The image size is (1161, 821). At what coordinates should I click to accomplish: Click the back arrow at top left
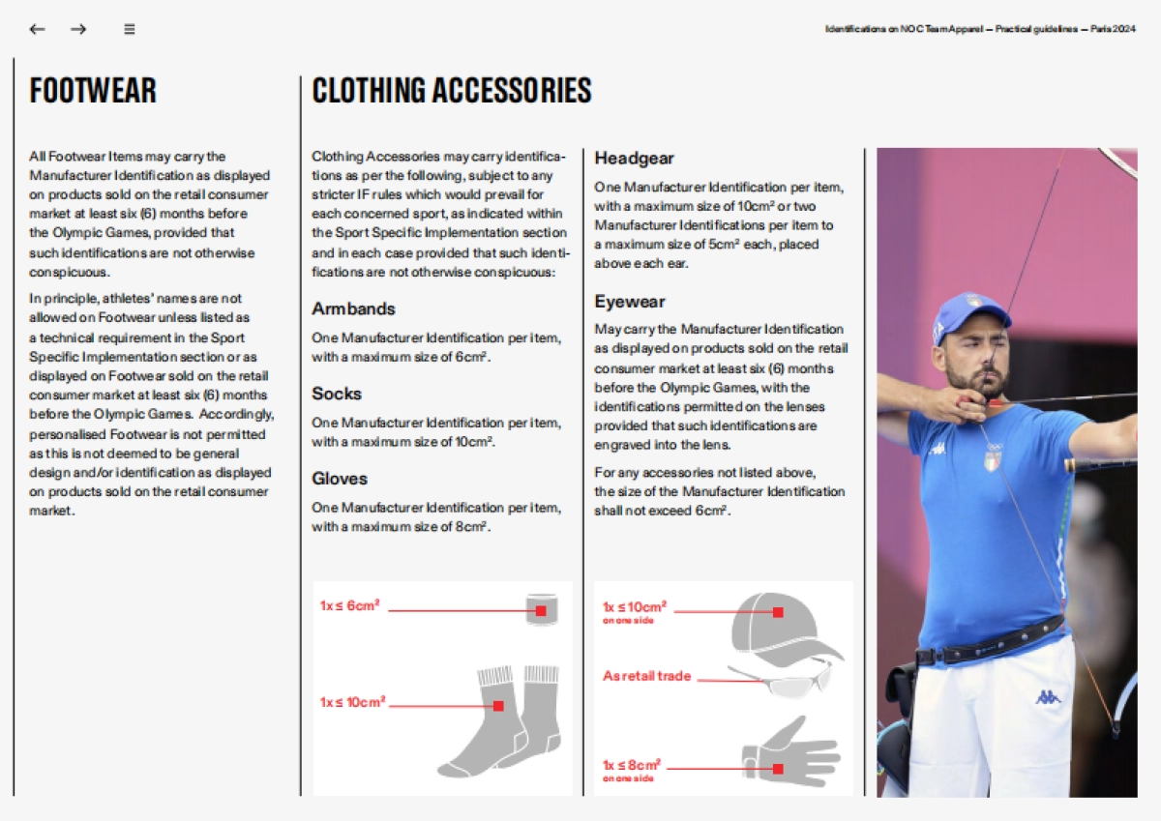(x=37, y=29)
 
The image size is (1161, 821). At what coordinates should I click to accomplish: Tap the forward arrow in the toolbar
(x=78, y=29)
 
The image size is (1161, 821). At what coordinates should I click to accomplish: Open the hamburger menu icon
(x=129, y=29)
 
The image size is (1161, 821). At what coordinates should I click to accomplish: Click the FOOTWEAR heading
(x=93, y=91)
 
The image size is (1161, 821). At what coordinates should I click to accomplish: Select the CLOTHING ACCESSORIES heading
(x=451, y=91)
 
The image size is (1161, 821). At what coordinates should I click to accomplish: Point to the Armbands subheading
(x=353, y=308)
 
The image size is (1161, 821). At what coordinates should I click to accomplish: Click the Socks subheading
(x=337, y=394)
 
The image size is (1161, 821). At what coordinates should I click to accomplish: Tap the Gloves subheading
(x=340, y=479)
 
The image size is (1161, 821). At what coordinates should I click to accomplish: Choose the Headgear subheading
(x=634, y=158)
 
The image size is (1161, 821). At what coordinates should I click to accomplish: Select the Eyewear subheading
(x=630, y=302)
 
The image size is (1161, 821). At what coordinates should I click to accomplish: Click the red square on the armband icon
(x=541, y=611)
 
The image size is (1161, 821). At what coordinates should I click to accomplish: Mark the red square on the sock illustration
(x=498, y=706)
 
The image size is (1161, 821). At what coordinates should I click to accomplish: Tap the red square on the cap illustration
(x=778, y=612)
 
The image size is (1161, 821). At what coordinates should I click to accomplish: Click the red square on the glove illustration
(x=778, y=769)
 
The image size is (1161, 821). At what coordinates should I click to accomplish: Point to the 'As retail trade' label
(x=646, y=676)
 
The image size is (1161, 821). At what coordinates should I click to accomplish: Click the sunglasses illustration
(x=782, y=679)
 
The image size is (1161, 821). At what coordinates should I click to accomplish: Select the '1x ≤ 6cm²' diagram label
(x=350, y=605)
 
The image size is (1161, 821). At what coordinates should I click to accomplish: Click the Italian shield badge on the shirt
(x=993, y=459)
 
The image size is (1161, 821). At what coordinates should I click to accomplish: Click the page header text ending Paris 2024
(x=979, y=29)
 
